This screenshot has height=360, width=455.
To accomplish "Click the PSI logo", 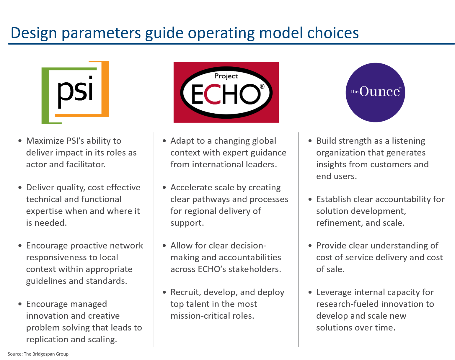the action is (75, 92).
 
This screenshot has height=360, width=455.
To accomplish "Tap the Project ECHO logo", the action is (226, 92).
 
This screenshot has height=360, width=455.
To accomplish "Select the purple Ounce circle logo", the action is (375, 92).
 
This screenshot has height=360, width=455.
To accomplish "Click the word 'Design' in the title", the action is (34, 33).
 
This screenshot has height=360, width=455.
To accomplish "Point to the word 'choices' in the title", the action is (333, 33).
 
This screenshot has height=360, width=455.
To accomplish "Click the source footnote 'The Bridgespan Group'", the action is (46, 354).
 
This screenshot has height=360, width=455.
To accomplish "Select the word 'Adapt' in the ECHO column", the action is (181, 141).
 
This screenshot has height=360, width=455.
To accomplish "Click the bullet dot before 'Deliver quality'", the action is (20, 187).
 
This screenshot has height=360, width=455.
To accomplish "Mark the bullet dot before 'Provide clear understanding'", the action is (310, 246).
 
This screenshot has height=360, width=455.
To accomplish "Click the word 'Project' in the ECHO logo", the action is (226, 76).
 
